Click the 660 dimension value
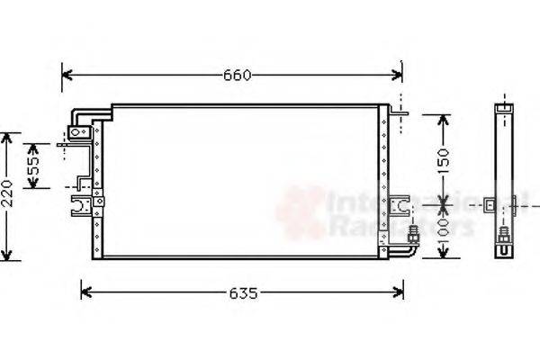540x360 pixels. (237, 75)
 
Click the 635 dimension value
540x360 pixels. (242, 292)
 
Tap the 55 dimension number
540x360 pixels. (33, 166)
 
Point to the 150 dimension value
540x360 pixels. (442, 159)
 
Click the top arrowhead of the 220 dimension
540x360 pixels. (8, 138)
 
